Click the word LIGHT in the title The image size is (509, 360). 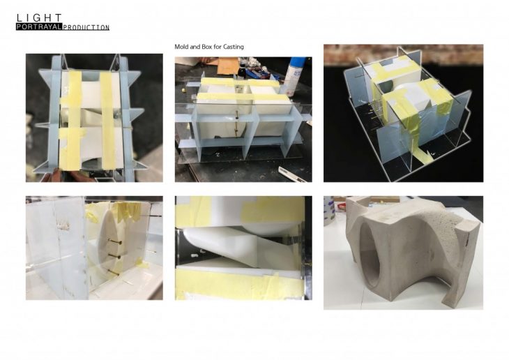pyautogui.click(x=39, y=18)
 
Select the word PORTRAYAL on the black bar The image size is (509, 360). pyautogui.click(x=39, y=27)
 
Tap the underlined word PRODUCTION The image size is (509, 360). pyautogui.click(x=86, y=28)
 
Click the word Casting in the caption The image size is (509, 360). pyautogui.click(x=234, y=47)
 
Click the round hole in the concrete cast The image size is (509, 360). pyautogui.click(x=370, y=256)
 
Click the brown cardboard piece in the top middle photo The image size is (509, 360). pyautogui.click(x=227, y=66)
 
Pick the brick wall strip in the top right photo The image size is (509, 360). pyautogui.click(x=403, y=54)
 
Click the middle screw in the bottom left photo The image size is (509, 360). pyautogui.click(x=115, y=257)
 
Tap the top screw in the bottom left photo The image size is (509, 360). pyautogui.click(x=115, y=241)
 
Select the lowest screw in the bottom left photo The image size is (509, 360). pyautogui.click(x=114, y=272)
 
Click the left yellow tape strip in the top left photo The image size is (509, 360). pyautogui.click(x=71, y=120)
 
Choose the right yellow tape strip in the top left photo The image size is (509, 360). pyautogui.click(x=107, y=120)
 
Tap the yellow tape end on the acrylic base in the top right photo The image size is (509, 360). pyautogui.click(x=422, y=156)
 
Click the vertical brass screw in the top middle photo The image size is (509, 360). pyautogui.click(x=236, y=123)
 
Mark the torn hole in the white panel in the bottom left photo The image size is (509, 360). pyautogui.click(x=63, y=225)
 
